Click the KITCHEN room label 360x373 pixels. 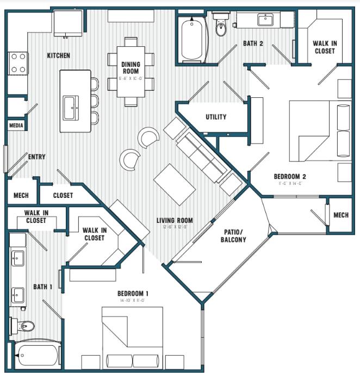[58, 55]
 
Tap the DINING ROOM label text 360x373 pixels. [130, 68]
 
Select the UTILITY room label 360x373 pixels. [216, 117]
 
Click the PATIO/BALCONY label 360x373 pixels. [234, 235]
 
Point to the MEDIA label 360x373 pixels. [16, 125]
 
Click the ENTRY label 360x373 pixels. [37, 157]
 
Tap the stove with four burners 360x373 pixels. [17, 62]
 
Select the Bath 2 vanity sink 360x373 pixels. [266, 21]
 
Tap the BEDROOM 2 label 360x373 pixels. [290, 177]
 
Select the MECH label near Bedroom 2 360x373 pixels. [340, 215]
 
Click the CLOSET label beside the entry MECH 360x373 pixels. [63, 195]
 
